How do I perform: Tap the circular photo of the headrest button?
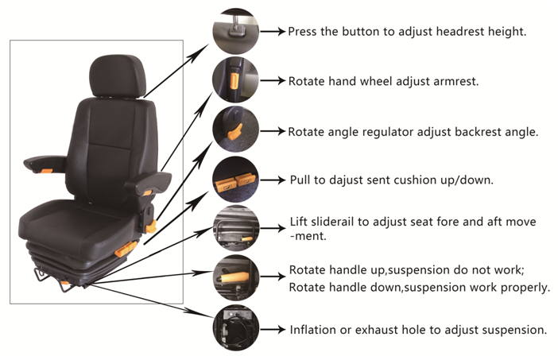point(235,32)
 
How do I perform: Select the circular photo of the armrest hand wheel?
point(235,80)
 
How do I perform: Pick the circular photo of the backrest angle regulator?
point(235,130)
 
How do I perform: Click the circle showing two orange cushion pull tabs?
point(235,180)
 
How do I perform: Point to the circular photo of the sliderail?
point(235,227)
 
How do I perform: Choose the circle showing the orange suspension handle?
point(235,277)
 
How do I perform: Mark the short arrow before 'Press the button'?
point(273,32)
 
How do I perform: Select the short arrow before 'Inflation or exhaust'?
point(273,329)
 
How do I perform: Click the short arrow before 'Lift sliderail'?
point(273,227)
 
